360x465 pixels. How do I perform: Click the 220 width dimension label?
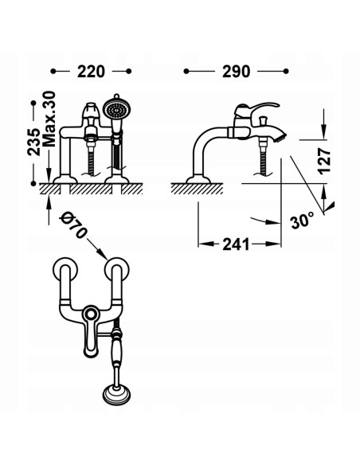pos(92,72)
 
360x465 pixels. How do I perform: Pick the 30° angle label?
pos(303,219)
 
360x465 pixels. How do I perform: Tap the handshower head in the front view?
pos(118,109)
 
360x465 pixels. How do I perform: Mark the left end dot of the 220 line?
pos(53,72)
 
